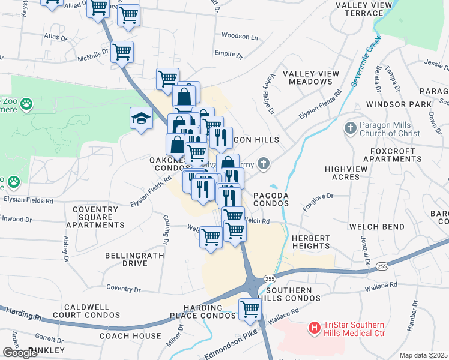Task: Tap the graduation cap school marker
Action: coord(140,118)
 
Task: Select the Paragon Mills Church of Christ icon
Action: coord(351,128)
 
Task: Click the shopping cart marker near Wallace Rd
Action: coord(250,310)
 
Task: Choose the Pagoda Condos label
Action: coord(271,199)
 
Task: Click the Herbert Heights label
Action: coord(311,242)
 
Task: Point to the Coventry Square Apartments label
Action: coord(95,217)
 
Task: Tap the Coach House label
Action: coord(130,336)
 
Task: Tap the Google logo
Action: coord(20,353)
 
